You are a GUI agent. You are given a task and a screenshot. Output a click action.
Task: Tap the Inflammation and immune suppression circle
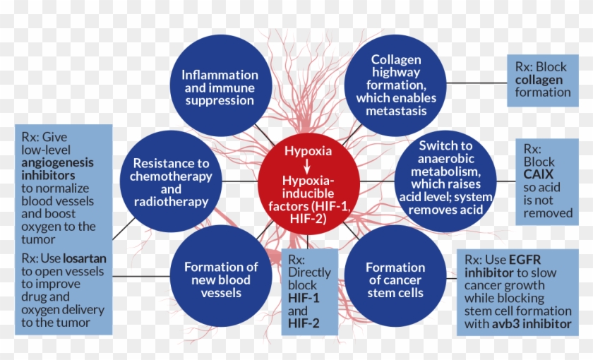220,87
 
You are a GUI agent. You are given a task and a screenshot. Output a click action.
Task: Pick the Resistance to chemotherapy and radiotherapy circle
169,182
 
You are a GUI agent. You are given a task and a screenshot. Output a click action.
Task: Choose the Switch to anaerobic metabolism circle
445,181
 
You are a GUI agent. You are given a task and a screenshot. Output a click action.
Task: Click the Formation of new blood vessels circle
220,279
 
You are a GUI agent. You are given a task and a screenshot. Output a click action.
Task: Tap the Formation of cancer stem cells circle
395,279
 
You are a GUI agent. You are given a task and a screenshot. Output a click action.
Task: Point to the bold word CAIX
539,174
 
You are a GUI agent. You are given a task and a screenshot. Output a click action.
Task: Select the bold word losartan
84,258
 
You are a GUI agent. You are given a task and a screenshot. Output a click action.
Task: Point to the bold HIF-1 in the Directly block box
304,299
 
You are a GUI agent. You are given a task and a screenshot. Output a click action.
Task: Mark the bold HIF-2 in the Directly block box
304,323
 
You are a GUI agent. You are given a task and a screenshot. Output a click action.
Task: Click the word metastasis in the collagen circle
396,110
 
